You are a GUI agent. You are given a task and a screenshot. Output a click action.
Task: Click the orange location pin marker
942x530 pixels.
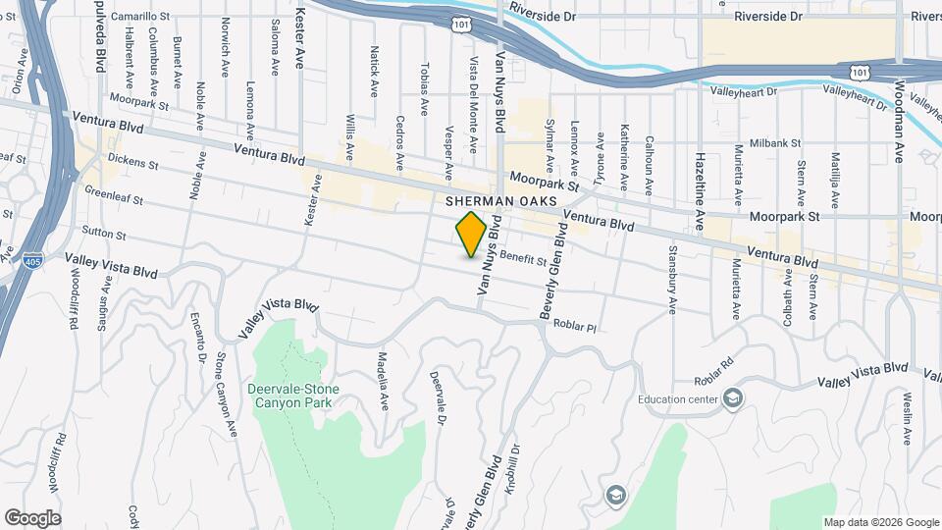point(472,234)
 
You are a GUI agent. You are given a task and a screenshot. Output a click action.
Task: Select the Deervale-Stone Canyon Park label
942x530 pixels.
point(292,396)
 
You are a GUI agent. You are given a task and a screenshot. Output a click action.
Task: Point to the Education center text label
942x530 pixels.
point(677,398)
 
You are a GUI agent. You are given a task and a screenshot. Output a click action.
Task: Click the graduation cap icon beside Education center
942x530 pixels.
point(733,397)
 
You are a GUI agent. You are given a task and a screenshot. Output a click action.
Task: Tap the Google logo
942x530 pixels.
point(31,517)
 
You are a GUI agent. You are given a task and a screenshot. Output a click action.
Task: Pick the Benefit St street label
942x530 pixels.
point(522,258)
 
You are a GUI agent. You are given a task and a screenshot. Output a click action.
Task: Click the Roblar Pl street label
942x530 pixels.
point(575,324)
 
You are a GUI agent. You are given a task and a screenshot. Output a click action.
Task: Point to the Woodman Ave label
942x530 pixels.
point(898,109)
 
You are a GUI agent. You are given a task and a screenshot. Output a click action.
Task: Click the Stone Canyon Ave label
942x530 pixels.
point(227,397)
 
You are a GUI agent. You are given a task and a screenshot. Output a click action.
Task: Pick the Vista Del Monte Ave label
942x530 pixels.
point(473,118)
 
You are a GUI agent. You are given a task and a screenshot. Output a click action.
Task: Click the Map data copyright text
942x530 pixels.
point(880,522)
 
